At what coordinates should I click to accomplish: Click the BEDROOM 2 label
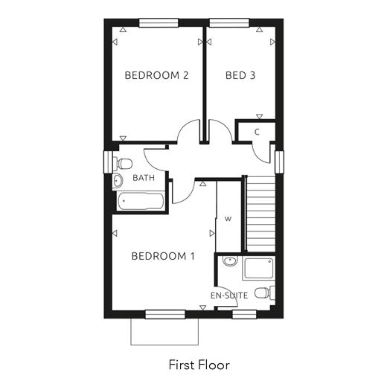point(156,75)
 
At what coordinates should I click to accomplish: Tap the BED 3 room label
point(240,75)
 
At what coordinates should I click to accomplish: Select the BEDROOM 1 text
point(163,256)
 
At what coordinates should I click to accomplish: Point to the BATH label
point(144,178)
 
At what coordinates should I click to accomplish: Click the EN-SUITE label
point(229,295)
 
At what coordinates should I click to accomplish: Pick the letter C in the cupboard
point(257,132)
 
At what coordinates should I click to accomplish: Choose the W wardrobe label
point(228,219)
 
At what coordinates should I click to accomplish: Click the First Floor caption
point(199,365)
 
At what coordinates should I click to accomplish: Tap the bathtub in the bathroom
point(140,201)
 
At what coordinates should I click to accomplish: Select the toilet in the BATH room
point(123,164)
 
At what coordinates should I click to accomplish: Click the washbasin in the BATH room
point(118,180)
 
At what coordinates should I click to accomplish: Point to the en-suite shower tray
point(259,268)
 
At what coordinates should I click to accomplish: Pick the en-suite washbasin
point(230,260)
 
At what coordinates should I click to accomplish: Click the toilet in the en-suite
point(265,292)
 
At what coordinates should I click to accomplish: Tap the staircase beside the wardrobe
point(260,214)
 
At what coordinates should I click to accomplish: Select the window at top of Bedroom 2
point(159,22)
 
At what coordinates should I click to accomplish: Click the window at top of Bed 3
point(229,22)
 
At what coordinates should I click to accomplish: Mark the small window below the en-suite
point(244,314)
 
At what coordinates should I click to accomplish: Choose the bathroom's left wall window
point(108,162)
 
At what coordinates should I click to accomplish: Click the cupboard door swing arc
point(259,156)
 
